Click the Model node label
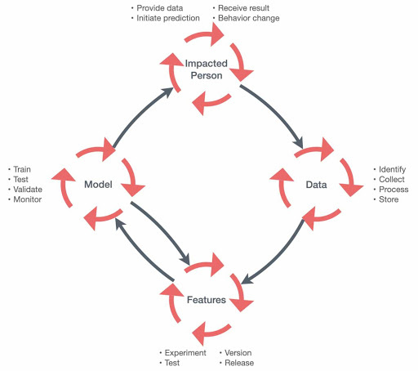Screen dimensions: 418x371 pyautogui.click(x=98, y=185)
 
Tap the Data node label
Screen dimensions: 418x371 pyautogui.click(x=316, y=185)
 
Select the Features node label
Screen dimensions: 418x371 pyautogui.click(x=207, y=300)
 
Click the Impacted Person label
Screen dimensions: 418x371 pyautogui.click(x=207, y=69)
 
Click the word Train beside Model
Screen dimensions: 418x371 pyautogui.click(x=22, y=169)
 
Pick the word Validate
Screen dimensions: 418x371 pyautogui.click(x=28, y=190)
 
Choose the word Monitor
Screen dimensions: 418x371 pyautogui.click(x=28, y=199)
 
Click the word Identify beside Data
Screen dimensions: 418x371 pyautogui.click(x=392, y=169)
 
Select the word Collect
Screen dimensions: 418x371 pyautogui.click(x=392, y=179)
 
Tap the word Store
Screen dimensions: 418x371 pyautogui.click(x=389, y=199)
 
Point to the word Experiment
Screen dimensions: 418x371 pyautogui.click(x=185, y=353)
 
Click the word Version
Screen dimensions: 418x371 pyautogui.click(x=238, y=353)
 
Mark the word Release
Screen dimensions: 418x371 pyautogui.click(x=239, y=363)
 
